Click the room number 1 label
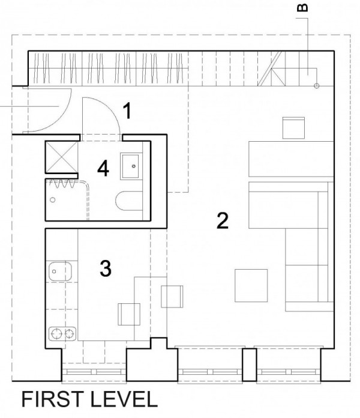coord(128,111)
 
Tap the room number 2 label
coord(223,221)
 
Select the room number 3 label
coord(106,268)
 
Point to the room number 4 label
coord(103,169)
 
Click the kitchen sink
coord(60,271)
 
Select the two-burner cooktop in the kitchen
coord(62,334)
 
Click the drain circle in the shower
coord(53,199)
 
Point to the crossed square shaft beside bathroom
coord(62,157)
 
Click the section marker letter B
coord(302,8)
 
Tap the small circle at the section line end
coord(317,86)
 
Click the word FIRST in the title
coord(52,399)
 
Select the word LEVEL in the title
coord(124,399)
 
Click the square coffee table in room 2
coord(251,285)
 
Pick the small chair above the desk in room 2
coord(293,128)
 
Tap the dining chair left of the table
coord(129,314)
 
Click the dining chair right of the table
coord(172,297)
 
